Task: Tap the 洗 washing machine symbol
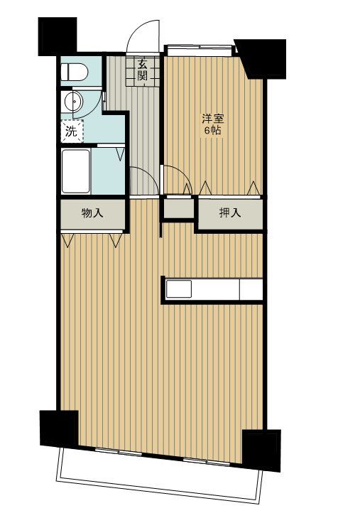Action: click(x=70, y=131)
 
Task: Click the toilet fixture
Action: click(x=73, y=72)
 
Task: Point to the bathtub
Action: click(x=75, y=170)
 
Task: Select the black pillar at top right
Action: click(x=263, y=58)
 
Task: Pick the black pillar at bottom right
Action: click(x=262, y=449)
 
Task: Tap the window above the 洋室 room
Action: click(x=199, y=50)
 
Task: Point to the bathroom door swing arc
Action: click(x=140, y=180)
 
